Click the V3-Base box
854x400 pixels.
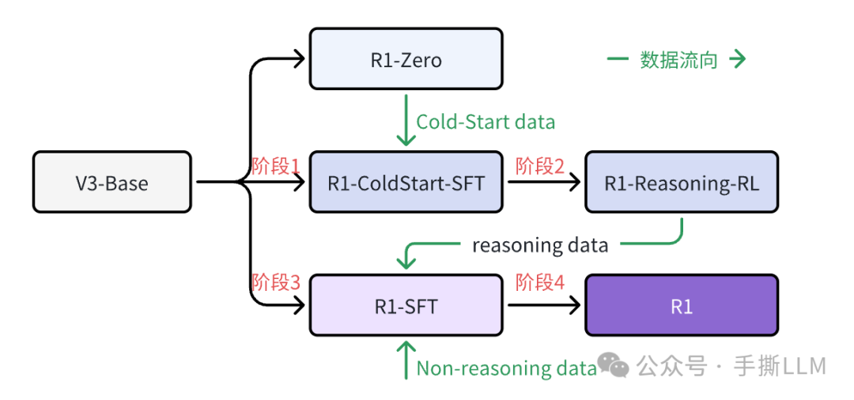111,183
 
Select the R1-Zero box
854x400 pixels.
406,59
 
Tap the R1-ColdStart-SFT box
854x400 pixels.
406,183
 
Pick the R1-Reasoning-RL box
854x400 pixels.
682,183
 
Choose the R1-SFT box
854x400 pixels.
406,305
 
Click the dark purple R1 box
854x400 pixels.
682,305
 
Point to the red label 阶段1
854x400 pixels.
276,166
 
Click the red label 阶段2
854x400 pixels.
540,166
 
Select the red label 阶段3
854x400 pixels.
276,282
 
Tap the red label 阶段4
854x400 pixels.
540,282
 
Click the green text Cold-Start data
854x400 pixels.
486,122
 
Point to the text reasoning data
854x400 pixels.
540,245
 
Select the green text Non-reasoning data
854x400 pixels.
506,368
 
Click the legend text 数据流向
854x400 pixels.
678,60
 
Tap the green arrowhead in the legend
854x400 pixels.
739,60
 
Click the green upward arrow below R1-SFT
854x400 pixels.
406,360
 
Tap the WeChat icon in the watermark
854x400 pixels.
614,365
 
